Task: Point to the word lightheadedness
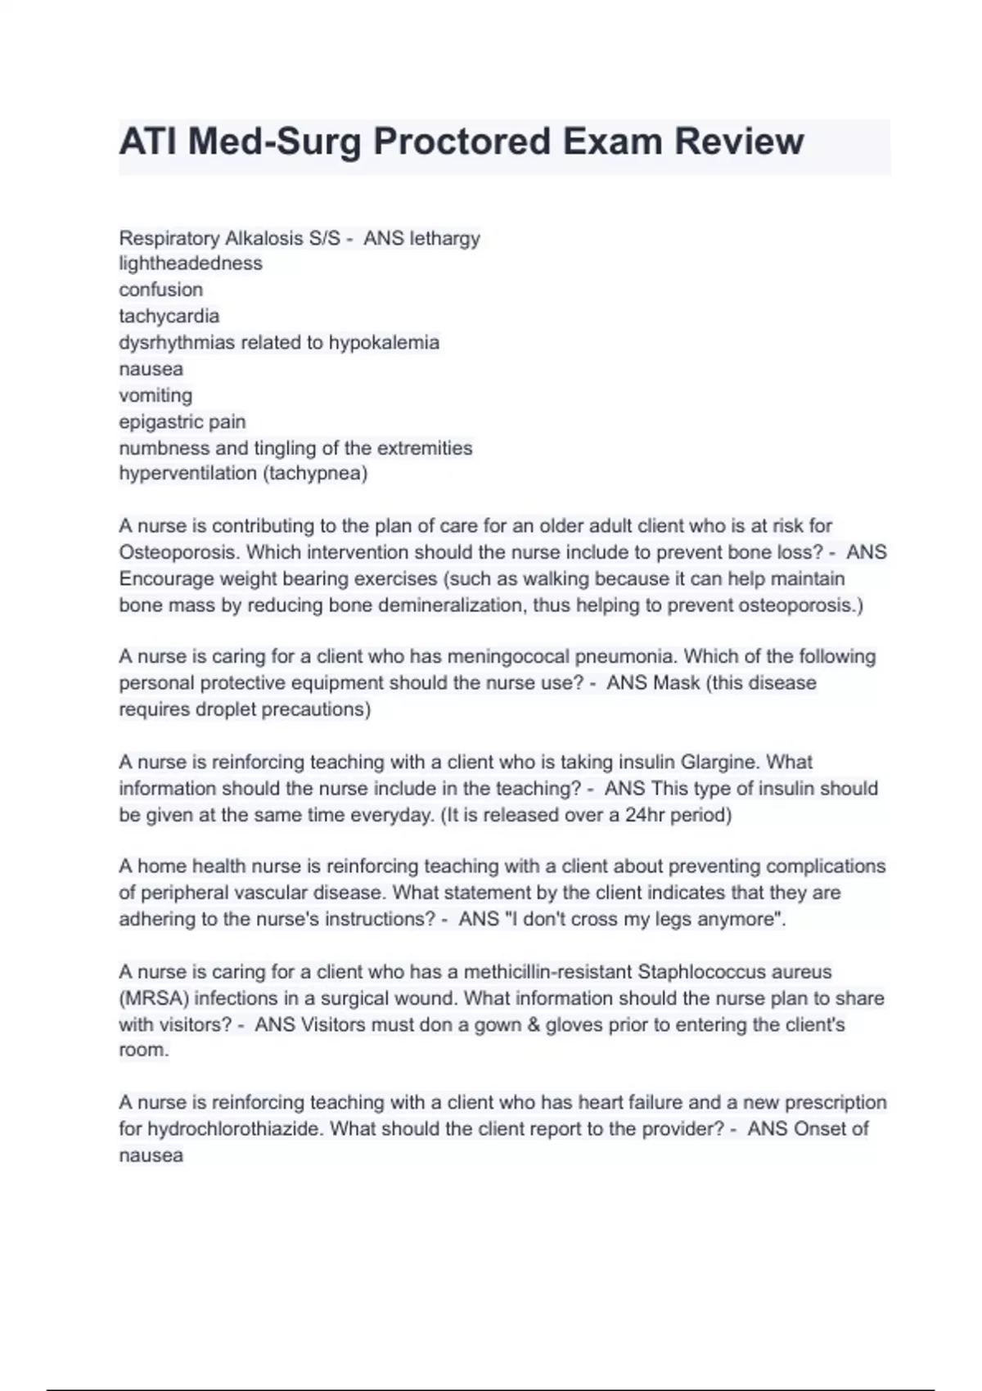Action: [191, 263]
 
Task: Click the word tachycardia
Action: [169, 316]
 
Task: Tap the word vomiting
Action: [155, 395]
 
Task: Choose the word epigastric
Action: [161, 422]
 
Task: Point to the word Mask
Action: [675, 682]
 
